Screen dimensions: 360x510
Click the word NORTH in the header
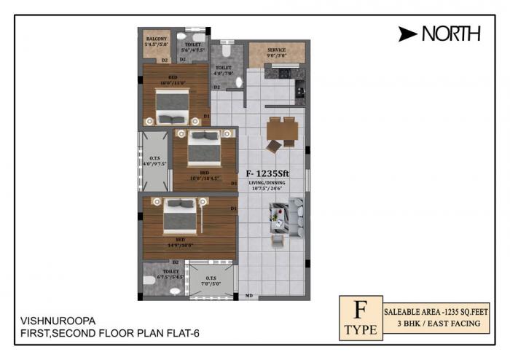pos(450,33)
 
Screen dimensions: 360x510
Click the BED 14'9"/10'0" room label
pos(179,242)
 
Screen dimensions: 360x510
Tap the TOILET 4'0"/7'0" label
pos(224,71)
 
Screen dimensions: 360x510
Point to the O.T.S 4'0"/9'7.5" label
pos(154,161)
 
